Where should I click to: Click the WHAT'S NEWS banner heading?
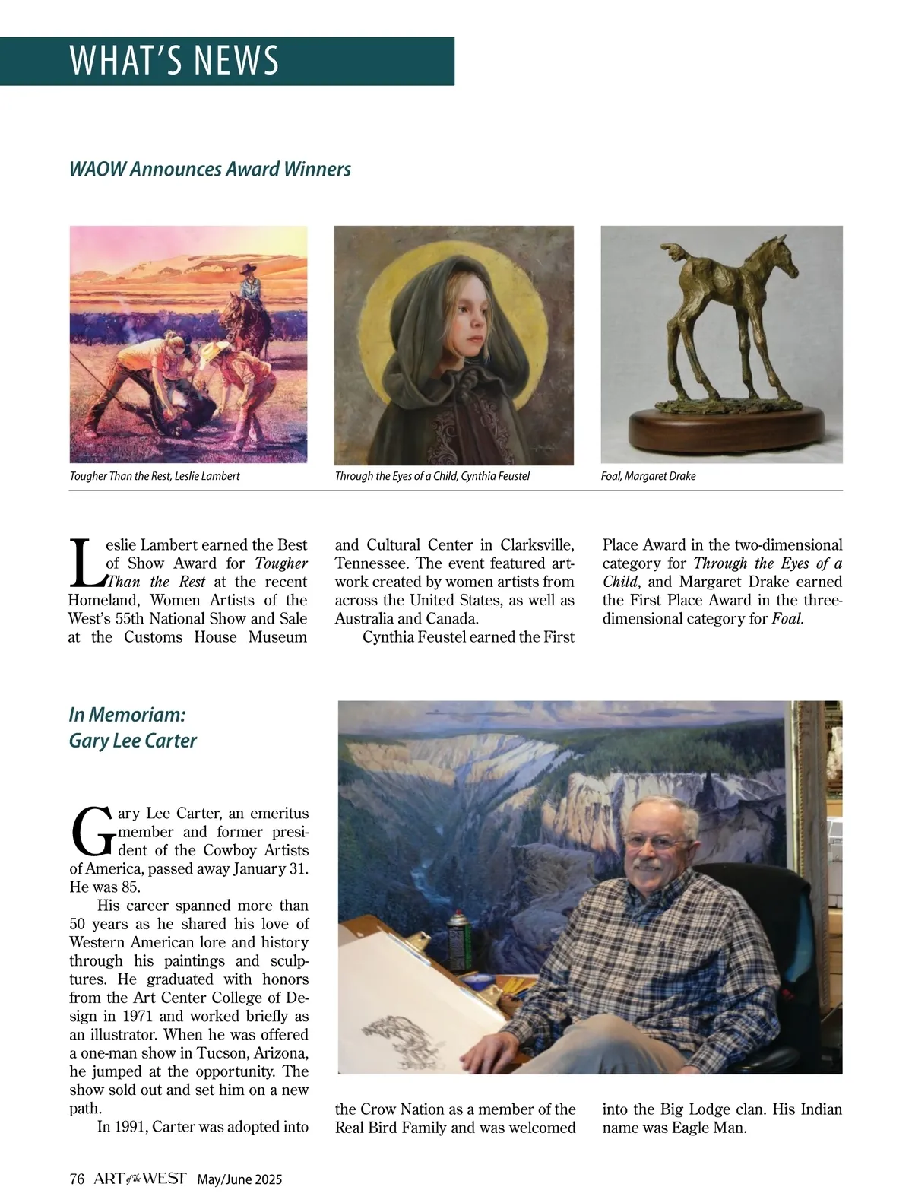tap(174, 61)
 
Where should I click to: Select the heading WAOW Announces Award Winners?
tap(210, 169)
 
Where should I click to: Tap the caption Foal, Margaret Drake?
tap(648, 476)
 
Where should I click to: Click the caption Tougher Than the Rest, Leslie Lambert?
tap(154, 476)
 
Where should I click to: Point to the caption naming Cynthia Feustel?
tap(432, 476)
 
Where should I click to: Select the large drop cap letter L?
tap(86, 563)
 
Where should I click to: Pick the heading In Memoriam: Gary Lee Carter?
tap(132, 728)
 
